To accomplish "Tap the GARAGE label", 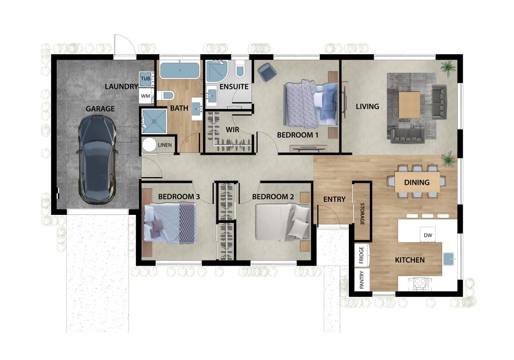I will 100,108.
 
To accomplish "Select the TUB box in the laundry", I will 145,79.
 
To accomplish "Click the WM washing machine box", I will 145,95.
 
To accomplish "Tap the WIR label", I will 231,130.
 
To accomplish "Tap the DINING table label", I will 417,182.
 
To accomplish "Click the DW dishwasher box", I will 428,235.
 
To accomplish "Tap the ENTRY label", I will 334,199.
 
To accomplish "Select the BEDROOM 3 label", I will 179,197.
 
